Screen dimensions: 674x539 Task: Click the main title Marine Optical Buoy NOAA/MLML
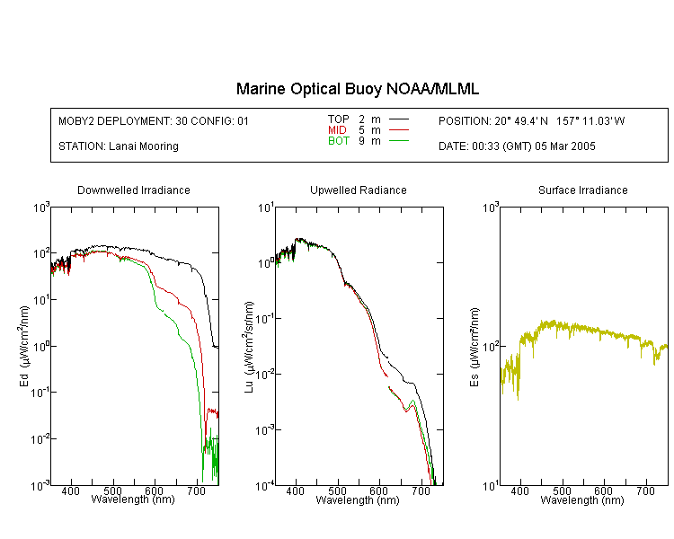click(357, 89)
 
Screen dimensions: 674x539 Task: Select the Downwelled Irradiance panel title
click(134, 190)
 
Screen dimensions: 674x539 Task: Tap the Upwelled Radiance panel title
click(359, 190)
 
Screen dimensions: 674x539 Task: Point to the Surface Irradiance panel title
click(583, 190)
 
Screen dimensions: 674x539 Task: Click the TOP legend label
click(339, 119)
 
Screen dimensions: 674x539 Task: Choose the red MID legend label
click(337, 129)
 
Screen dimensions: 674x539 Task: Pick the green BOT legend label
click(339, 141)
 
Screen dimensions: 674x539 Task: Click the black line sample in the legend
click(399, 119)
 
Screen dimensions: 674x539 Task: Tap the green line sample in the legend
click(399, 141)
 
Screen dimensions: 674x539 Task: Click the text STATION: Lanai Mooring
click(119, 146)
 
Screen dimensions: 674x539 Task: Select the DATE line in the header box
click(517, 146)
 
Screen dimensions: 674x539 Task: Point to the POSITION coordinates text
click(532, 120)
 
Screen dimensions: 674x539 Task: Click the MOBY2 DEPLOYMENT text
click(154, 120)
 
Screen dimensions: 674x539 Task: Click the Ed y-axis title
click(24, 346)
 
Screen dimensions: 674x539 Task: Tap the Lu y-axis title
click(249, 347)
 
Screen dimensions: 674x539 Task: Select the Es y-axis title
click(474, 347)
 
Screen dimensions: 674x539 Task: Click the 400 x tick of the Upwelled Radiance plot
click(296, 490)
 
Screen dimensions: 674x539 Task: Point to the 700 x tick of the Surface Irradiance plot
click(645, 490)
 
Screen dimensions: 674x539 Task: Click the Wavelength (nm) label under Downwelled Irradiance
click(133, 499)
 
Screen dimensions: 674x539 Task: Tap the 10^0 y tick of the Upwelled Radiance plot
click(265, 263)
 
